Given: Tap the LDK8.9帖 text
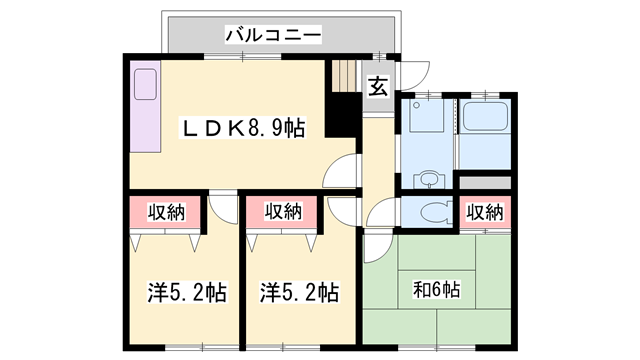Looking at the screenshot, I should click(x=243, y=128).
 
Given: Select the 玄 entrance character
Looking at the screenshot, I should click(x=377, y=87).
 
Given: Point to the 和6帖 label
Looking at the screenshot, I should click(x=437, y=290).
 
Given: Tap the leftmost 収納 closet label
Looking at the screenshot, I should click(x=166, y=211).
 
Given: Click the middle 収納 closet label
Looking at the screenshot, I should click(x=283, y=211).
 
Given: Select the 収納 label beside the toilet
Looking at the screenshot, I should click(x=485, y=212).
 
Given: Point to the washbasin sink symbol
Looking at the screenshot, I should click(x=429, y=179).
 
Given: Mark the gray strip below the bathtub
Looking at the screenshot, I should click(x=486, y=182).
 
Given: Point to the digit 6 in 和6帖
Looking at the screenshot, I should click(x=437, y=290).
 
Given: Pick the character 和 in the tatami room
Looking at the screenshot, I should click(x=422, y=290).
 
